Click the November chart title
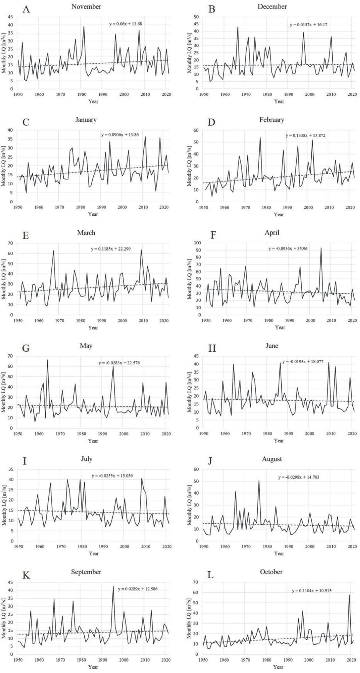86,7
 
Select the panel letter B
212,9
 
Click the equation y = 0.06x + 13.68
126,24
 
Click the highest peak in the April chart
321,248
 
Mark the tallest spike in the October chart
349,595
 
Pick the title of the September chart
86,572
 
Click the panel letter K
26,575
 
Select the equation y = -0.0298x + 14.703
299,477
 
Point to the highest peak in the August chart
259,481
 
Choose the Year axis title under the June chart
279,441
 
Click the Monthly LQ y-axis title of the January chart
4,166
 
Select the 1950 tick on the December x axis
204,95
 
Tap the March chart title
86,233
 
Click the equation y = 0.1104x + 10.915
312,591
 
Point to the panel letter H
212,349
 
